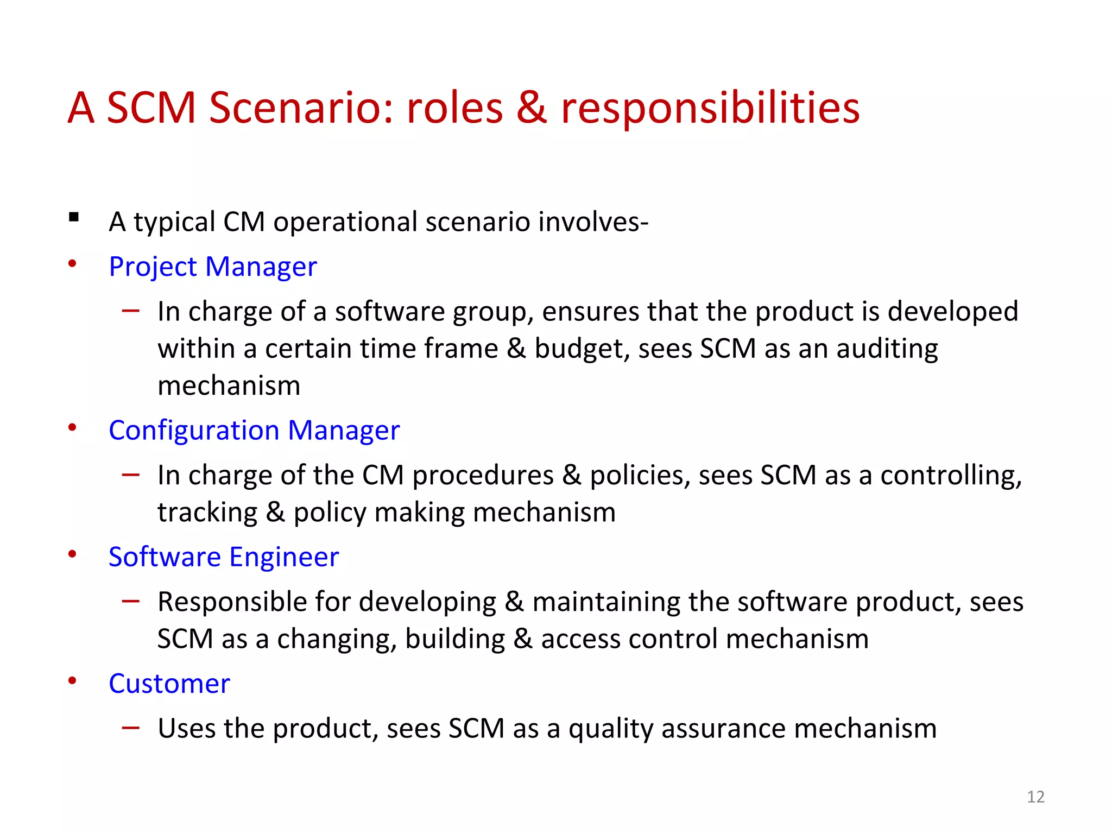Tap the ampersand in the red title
point(531,108)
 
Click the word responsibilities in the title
point(710,108)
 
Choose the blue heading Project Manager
point(212,267)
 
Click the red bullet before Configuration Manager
point(72,428)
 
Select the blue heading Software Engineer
point(224,557)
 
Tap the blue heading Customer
point(169,684)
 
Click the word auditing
point(887,349)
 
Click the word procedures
point(483,476)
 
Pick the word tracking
point(207,513)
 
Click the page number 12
point(1035,797)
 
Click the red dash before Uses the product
point(131,728)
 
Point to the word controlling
point(951,476)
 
